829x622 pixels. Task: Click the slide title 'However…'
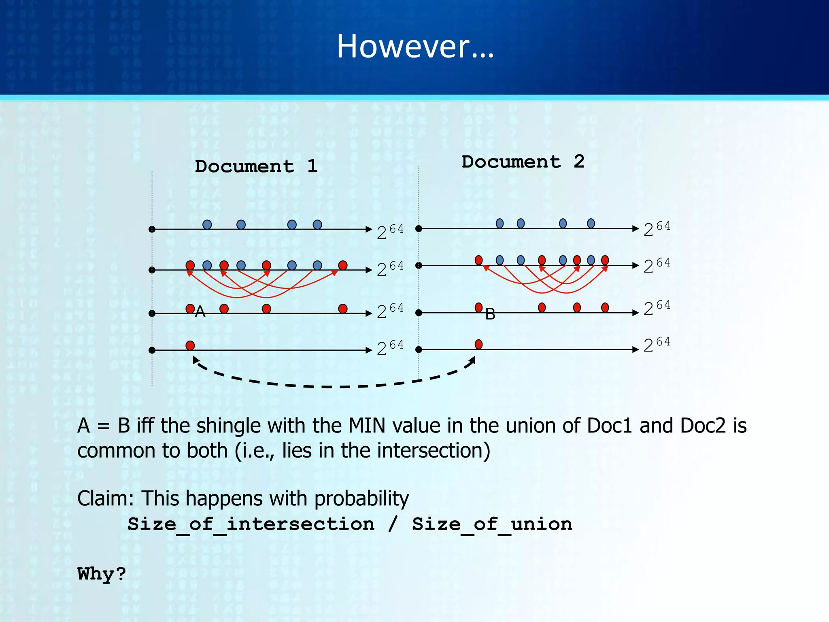click(x=415, y=46)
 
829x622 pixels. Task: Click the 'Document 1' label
click(x=256, y=166)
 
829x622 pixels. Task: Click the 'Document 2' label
click(x=523, y=162)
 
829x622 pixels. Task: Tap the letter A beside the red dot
click(x=200, y=312)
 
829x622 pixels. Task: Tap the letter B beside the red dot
click(x=490, y=314)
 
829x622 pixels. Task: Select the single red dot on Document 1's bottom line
click(x=190, y=345)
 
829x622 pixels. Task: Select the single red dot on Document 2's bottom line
click(x=478, y=345)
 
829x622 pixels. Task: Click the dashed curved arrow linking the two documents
click(x=332, y=386)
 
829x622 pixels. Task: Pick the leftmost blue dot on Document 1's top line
click(x=207, y=224)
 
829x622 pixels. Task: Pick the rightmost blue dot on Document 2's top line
click(x=591, y=224)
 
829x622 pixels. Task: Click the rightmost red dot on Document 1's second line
click(x=343, y=265)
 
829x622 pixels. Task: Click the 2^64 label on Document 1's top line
click(x=390, y=232)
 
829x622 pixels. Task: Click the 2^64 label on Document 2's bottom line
click(x=657, y=345)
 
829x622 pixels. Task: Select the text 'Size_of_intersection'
click(x=251, y=524)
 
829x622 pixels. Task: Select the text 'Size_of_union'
click(x=492, y=524)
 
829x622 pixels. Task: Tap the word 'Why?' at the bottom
click(x=102, y=574)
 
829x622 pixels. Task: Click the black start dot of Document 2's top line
click(x=419, y=229)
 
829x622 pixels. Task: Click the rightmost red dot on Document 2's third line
click(x=605, y=307)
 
